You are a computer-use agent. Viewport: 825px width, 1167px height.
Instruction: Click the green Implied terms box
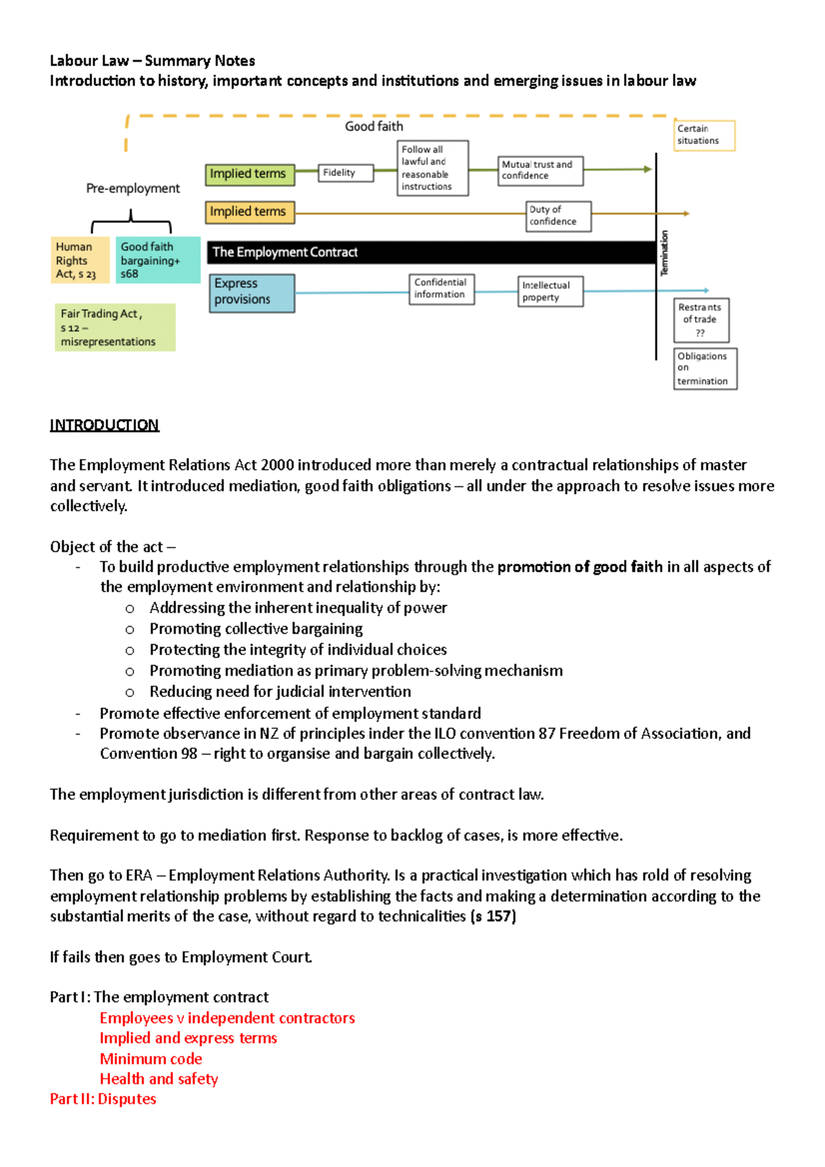pyautogui.click(x=250, y=175)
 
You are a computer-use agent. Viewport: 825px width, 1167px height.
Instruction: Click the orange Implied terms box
pyautogui.click(x=250, y=212)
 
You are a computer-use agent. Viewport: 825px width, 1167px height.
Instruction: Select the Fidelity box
pyautogui.click(x=346, y=173)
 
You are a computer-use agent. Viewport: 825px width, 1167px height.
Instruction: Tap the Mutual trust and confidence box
pyautogui.click(x=540, y=170)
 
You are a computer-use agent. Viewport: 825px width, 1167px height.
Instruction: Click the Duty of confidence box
pyautogui.click(x=558, y=216)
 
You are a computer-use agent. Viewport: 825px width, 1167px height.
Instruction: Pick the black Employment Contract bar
pyautogui.click(x=431, y=252)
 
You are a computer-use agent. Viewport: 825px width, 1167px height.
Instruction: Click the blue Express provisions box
pyautogui.click(x=252, y=293)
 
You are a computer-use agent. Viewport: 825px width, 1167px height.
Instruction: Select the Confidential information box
pyautogui.click(x=441, y=289)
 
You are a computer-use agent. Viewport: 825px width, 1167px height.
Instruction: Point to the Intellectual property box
pyautogui.click(x=550, y=291)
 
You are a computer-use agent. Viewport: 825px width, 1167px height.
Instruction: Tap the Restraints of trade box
pyautogui.click(x=701, y=320)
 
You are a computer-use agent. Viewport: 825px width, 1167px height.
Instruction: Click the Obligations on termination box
pyautogui.click(x=705, y=369)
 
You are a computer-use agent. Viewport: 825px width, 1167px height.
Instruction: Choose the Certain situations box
pyautogui.click(x=705, y=135)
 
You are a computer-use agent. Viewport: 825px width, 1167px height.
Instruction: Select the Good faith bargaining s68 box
pyautogui.click(x=156, y=260)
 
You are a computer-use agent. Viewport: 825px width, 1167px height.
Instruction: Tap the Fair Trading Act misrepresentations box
pyautogui.click(x=115, y=328)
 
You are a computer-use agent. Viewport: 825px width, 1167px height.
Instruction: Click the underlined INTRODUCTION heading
pyautogui.click(x=104, y=425)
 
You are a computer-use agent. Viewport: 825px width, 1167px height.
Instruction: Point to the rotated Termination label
pyautogui.click(x=664, y=254)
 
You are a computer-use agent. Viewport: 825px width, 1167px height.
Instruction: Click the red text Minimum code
pyautogui.click(x=151, y=1059)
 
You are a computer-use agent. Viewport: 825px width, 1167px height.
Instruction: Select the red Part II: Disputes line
pyautogui.click(x=103, y=1099)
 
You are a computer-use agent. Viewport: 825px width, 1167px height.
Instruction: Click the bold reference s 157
pyautogui.click(x=494, y=917)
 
